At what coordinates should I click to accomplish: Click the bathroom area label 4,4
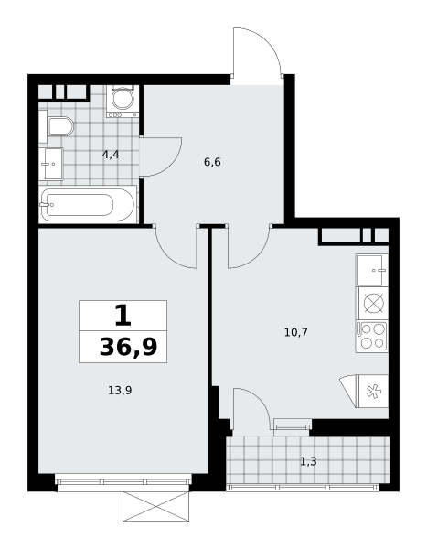[111, 155]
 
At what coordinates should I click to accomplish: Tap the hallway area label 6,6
[212, 162]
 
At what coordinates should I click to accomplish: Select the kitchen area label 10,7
[296, 332]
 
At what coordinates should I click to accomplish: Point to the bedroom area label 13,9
[120, 390]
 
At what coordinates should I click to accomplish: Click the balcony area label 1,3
[308, 461]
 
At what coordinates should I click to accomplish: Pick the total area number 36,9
[128, 347]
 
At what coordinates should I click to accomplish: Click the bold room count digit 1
[123, 315]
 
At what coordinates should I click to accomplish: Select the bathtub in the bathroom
[88, 205]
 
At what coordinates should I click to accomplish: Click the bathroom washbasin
[51, 164]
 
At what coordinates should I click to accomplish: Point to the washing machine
[123, 101]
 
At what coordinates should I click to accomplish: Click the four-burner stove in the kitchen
[372, 337]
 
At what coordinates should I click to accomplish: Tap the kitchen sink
[372, 270]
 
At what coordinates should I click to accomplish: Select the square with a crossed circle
[374, 303]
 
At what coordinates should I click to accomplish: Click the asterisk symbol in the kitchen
[374, 391]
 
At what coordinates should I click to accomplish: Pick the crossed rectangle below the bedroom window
[155, 506]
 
